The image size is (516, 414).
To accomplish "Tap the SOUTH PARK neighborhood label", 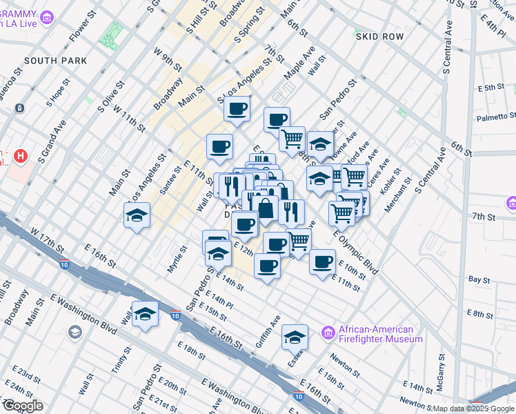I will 56,61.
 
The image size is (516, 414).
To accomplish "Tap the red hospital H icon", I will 21,156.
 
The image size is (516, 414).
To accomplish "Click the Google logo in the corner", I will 23,406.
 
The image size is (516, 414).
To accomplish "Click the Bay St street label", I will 479,280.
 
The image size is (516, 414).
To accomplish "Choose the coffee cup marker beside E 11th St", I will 322,262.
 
